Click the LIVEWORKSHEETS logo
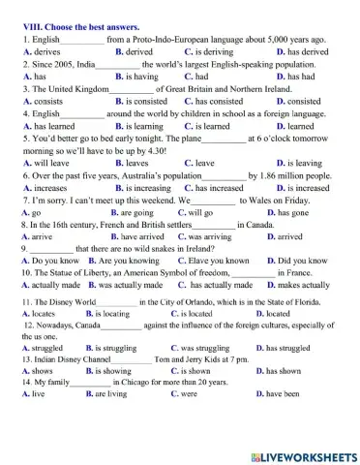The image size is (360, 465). pos(304,454)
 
